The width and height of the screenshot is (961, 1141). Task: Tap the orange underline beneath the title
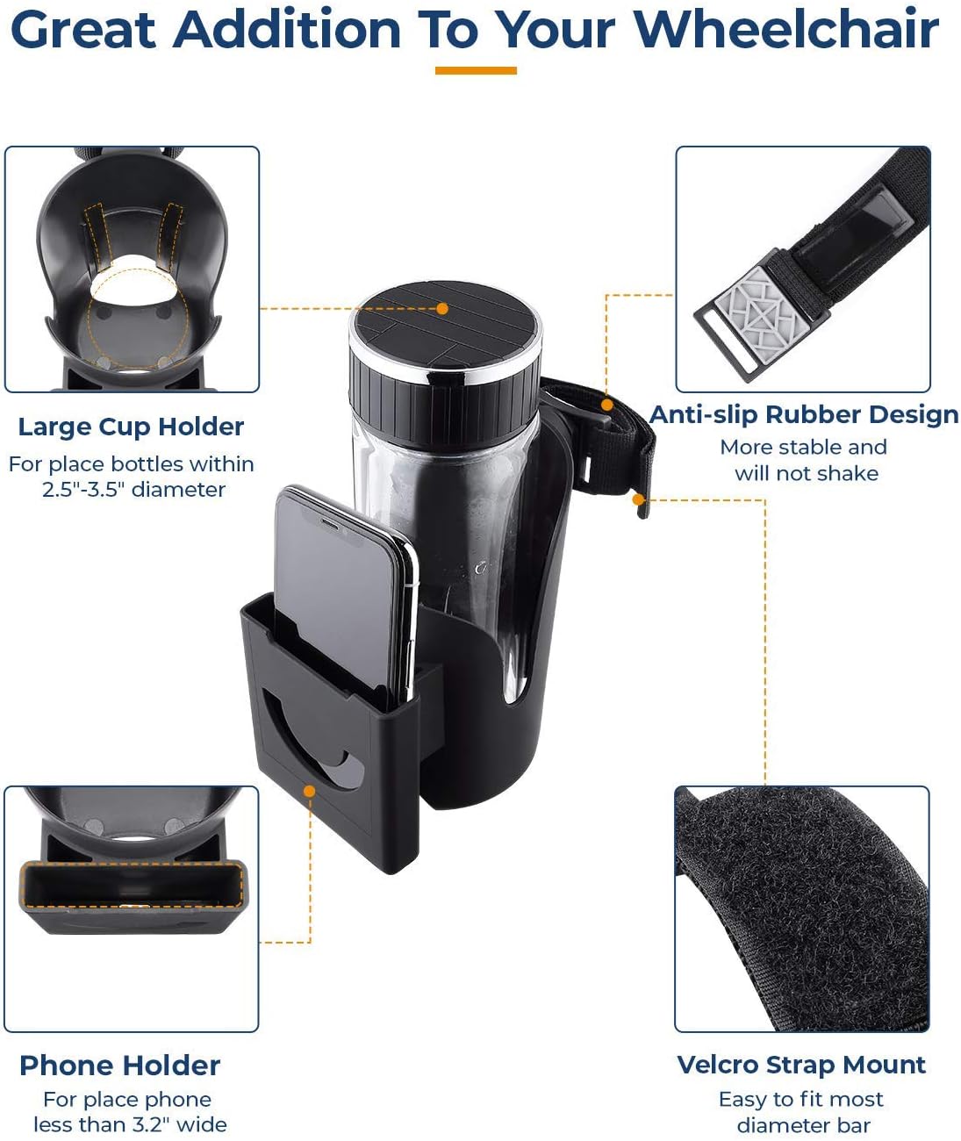pyautogui.click(x=476, y=70)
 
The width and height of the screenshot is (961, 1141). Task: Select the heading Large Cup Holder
pyautogui.click(x=131, y=427)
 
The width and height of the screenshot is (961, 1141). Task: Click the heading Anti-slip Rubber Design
pyautogui.click(x=804, y=415)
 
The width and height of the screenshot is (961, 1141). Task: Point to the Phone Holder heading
pyautogui.click(x=120, y=1066)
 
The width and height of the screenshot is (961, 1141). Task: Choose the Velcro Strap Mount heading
pyautogui.click(x=801, y=1065)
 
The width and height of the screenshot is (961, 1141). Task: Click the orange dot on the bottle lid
pyautogui.click(x=442, y=309)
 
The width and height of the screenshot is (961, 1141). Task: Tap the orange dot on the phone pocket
pyautogui.click(x=309, y=791)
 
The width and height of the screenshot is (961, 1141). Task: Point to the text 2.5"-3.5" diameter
pyautogui.click(x=133, y=489)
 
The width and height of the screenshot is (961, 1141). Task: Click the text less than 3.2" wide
pyautogui.click(x=130, y=1124)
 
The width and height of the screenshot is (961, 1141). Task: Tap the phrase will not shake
pyautogui.click(x=806, y=474)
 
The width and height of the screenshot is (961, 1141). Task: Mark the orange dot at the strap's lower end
pyautogui.click(x=640, y=499)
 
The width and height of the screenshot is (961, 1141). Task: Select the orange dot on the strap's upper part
pyautogui.click(x=607, y=404)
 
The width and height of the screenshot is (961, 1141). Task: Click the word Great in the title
pyautogui.click(x=83, y=30)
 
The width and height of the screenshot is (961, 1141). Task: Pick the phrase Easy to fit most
pyautogui.click(x=800, y=1100)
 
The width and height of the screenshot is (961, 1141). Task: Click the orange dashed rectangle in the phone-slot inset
pyautogui.click(x=131, y=885)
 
